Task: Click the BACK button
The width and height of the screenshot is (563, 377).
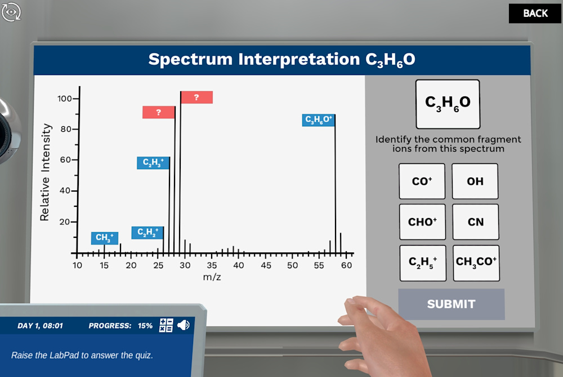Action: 535,14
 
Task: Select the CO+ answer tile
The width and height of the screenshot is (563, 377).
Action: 422,181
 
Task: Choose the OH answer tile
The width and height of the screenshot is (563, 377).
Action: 475,181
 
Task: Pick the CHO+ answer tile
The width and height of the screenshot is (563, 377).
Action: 422,221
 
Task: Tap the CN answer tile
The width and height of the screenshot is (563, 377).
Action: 476,221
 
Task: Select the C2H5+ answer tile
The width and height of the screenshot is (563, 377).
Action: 423,263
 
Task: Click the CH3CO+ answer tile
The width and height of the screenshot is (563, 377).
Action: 476,263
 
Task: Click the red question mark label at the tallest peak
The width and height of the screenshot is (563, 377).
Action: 196,97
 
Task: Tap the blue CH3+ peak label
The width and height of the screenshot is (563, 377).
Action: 105,238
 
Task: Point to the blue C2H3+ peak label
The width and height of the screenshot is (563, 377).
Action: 153,163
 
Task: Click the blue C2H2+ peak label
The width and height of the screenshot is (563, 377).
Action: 148,233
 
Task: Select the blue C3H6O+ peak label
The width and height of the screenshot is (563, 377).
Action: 319,119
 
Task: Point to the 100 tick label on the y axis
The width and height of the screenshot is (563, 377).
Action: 65,99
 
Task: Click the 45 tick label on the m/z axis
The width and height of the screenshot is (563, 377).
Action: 266,265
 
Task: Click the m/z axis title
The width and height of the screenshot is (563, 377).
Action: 212,277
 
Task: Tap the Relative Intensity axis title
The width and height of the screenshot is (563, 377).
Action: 45,172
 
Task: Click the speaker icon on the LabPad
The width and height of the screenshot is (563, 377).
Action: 184,325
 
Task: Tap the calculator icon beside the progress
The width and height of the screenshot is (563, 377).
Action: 166,325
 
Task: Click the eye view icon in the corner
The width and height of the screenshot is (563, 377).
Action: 11,12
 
